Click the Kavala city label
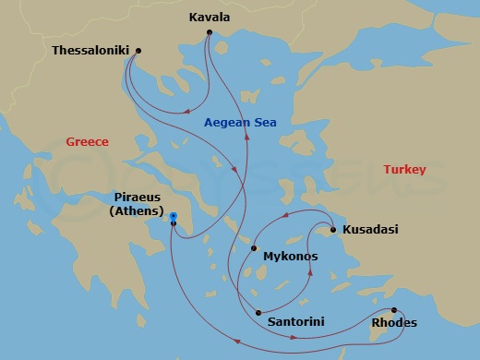(x=210, y=17)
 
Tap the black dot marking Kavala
(x=210, y=32)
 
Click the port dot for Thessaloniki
(x=138, y=51)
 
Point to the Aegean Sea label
(x=240, y=123)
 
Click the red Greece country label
(x=87, y=142)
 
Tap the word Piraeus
(x=138, y=198)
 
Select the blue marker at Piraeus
(x=174, y=217)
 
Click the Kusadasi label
(x=370, y=230)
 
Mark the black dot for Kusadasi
(x=332, y=229)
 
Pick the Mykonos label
(x=290, y=256)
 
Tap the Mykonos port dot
(x=254, y=247)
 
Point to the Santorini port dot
(x=258, y=312)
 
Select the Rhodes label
(x=393, y=324)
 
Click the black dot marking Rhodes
(x=394, y=310)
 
